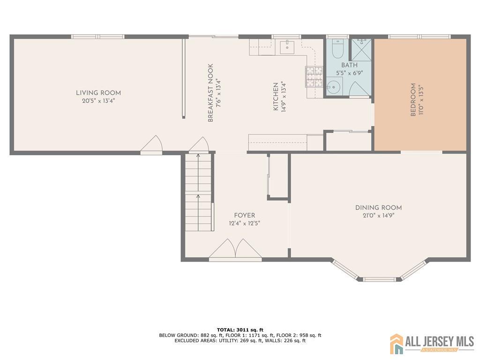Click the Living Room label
click(x=98, y=93)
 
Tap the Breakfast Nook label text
click(x=210, y=93)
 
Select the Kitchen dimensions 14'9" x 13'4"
click(x=284, y=97)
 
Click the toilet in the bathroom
click(x=337, y=49)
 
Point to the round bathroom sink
click(x=333, y=87)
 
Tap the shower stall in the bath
click(x=361, y=50)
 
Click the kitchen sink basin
click(x=287, y=46)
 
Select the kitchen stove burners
click(x=314, y=76)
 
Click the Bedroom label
click(x=413, y=100)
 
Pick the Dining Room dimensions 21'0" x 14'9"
click(x=378, y=216)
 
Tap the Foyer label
click(x=244, y=216)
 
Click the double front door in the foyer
click(x=235, y=249)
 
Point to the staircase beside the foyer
click(x=198, y=192)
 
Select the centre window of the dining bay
click(x=379, y=279)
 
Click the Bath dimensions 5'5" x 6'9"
click(x=349, y=73)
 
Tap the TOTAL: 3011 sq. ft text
click(x=240, y=330)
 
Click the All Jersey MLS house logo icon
click(x=397, y=344)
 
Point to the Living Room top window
click(x=98, y=37)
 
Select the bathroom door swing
click(x=359, y=89)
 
